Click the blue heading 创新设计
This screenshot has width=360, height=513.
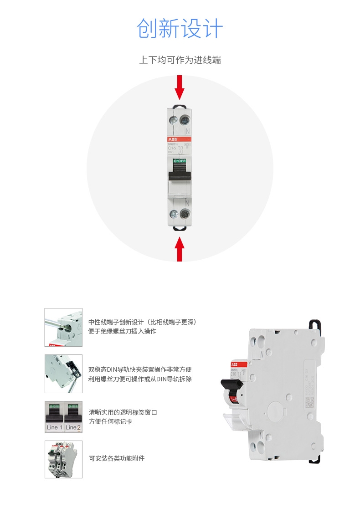click(180, 29)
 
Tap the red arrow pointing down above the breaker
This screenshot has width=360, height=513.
click(180, 87)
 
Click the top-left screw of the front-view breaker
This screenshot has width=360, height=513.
click(173, 120)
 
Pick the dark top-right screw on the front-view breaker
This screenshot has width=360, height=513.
click(185, 120)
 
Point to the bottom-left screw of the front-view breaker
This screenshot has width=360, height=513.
click(173, 214)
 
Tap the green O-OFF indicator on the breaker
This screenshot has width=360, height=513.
click(179, 161)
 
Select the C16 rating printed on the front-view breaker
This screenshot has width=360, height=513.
click(172, 148)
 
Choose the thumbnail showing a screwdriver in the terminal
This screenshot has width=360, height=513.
click(63, 327)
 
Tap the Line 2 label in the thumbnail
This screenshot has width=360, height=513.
click(72, 427)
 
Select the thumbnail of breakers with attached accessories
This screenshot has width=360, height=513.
click(63, 459)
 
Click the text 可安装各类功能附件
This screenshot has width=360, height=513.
click(117, 458)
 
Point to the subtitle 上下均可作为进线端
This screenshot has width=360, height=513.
click(180, 60)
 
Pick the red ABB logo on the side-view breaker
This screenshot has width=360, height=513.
click(234, 364)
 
